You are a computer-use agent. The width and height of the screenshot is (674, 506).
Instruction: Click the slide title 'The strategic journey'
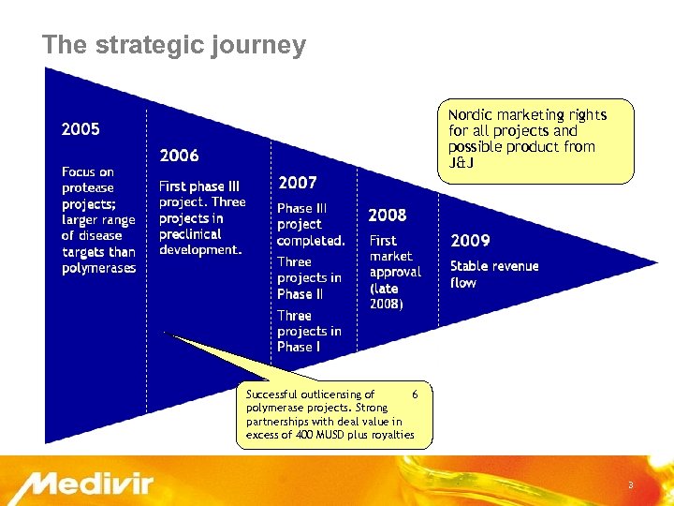174,45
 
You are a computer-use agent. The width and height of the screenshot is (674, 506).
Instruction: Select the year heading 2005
81,128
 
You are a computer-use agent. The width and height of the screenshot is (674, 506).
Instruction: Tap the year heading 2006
179,156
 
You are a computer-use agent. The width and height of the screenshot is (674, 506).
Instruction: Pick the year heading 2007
297,183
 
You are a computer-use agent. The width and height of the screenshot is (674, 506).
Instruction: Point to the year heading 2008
388,215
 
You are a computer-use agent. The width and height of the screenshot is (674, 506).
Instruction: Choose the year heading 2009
470,241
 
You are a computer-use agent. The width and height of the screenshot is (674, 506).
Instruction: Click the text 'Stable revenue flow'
494,275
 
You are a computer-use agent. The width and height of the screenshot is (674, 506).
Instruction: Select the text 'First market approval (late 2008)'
395,273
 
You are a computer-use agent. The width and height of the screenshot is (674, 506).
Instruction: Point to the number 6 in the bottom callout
416,394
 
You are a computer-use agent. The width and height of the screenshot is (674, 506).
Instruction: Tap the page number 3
630,484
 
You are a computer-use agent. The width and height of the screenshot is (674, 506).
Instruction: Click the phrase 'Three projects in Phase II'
309,278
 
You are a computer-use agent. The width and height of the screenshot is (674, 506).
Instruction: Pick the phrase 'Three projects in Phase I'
309,331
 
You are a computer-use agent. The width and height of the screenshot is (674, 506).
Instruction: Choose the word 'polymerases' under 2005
99,269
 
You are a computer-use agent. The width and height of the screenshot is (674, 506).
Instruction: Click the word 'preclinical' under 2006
190,234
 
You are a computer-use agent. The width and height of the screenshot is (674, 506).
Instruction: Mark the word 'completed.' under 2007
311,241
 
